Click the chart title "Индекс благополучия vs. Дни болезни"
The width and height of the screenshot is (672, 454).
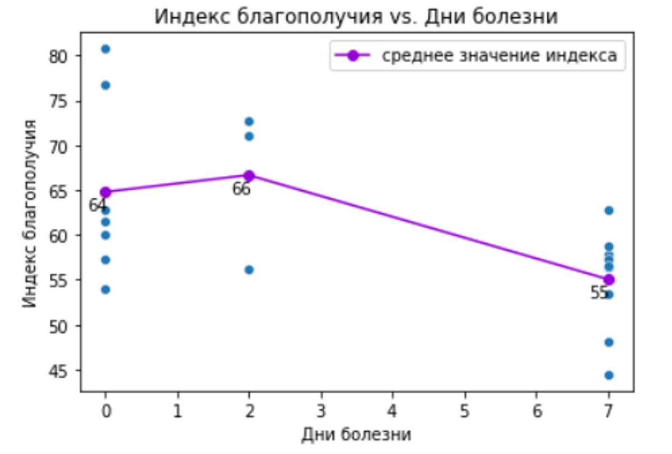[x=356, y=17]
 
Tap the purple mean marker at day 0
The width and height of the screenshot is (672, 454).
[x=105, y=193]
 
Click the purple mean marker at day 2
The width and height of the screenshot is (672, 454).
[x=249, y=176]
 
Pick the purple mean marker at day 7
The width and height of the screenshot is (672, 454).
[x=609, y=279]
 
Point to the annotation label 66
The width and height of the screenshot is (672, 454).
[x=241, y=189]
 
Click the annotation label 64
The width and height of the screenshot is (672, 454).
[x=97, y=205]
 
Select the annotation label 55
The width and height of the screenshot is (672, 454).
[x=599, y=293]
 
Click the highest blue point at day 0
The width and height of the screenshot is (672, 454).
[x=105, y=49]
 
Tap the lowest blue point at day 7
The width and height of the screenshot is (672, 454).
[x=609, y=375]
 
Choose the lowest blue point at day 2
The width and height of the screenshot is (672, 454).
[x=249, y=270]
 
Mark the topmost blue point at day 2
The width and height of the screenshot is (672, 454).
[x=249, y=121]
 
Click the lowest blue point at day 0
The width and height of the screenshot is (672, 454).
[x=105, y=289]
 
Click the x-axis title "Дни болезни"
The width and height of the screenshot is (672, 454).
[x=356, y=435]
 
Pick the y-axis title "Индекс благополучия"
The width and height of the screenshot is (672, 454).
[x=31, y=213]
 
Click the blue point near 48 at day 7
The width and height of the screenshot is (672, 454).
[x=609, y=342]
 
